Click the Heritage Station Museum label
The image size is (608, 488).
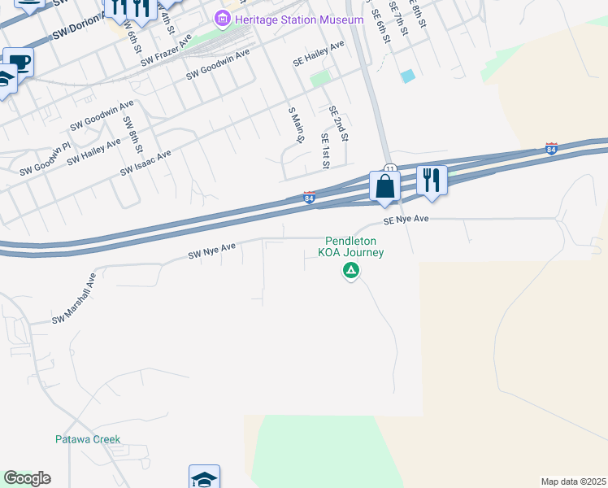(298, 20)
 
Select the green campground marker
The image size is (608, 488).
(351, 271)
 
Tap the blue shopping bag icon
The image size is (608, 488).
(384, 186)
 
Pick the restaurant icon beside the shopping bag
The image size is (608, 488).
(432, 180)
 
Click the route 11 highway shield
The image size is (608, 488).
(389, 168)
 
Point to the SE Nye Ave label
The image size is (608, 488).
(406, 220)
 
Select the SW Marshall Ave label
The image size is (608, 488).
(75, 298)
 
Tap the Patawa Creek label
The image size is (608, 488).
(88, 439)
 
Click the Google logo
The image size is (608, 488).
(27, 478)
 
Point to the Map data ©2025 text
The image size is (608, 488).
(573, 481)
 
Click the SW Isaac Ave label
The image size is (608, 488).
(145, 163)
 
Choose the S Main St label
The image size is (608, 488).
(296, 124)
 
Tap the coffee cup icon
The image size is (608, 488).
(19, 62)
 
